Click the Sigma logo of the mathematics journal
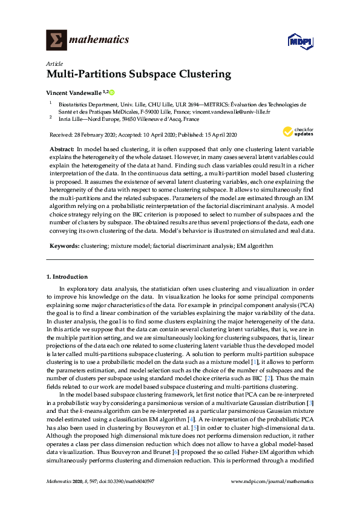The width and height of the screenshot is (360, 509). pyautogui.click(x=56, y=40)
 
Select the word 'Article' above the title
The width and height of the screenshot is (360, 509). pyautogui.click(x=52, y=63)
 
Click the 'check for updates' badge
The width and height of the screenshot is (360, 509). pyautogui.click(x=298, y=132)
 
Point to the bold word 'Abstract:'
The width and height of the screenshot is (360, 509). pyautogui.click(x=62, y=149)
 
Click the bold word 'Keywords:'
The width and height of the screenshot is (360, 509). pyautogui.click(x=63, y=247)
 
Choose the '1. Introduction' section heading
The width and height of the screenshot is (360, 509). pyautogui.click(x=67, y=277)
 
